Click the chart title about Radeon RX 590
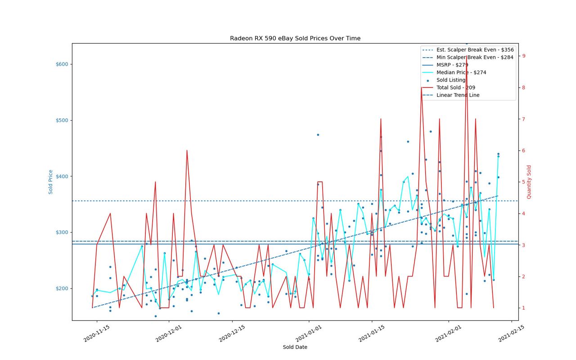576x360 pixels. click(x=295, y=38)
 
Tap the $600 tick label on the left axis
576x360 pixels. click(x=62, y=64)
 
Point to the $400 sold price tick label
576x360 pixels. click(x=62, y=176)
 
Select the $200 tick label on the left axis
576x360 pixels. click(x=62, y=288)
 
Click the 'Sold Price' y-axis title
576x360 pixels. click(x=50, y=182)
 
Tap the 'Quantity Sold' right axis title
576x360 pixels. click(x=529, y=182)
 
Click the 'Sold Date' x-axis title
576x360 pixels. click(x=295, y=347)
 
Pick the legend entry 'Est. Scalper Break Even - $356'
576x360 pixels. click(x=468, y=50)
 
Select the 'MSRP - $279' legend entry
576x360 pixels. click(x=445, y=65)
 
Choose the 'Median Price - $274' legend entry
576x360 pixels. click(x=454, y=72)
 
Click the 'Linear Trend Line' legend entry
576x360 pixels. click(x=451, y=95)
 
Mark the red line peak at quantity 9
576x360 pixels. click(x=467, y=56)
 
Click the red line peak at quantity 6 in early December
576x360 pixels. click(x=187, y=150)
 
